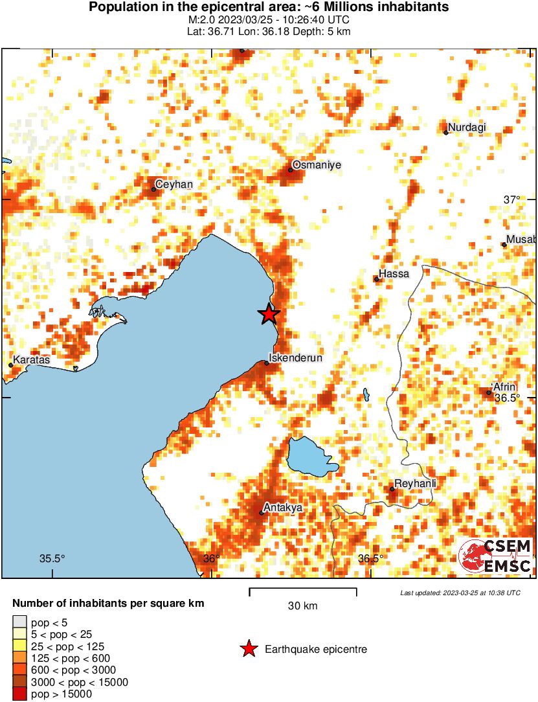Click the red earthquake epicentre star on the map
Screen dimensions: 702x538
[269, 314]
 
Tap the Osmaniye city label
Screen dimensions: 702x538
[317, 165]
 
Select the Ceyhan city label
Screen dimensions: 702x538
[174, 185]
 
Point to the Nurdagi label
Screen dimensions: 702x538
[467, 127]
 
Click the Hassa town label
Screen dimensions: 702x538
[394, 274]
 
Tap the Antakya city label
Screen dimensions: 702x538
[284, 508]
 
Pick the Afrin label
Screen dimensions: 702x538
[504, 387]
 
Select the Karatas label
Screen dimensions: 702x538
[31, 359]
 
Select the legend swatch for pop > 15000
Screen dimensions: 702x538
[20, 694]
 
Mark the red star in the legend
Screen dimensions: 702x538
[248, 649]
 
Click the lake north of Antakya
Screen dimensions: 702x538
[310, 457]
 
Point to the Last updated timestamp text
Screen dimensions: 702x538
[460, 593]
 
